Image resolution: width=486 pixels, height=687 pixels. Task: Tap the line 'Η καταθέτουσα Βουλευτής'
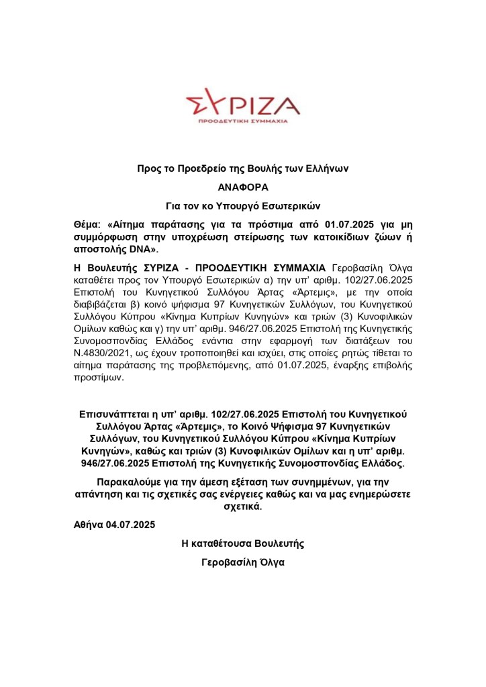pyautogui.click(x=243, y=543)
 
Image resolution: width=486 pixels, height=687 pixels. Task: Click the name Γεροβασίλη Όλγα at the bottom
pyautogui.click(x=243, y=562)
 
